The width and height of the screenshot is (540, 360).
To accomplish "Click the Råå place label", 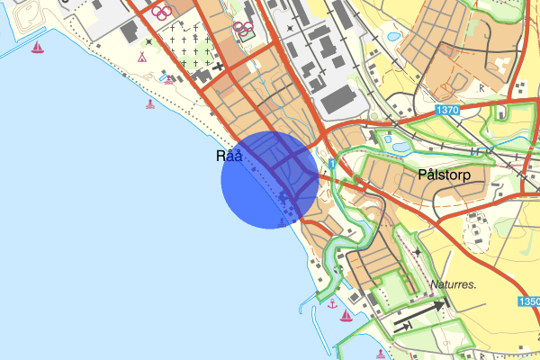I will coord(229,157).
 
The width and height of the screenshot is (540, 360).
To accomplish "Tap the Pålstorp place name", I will coord(445,172).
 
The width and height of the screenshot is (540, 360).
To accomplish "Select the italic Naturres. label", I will coord(452,285).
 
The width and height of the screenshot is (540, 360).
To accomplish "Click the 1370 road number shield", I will coord(446,110).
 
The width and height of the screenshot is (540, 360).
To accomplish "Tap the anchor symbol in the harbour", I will coord(332,303).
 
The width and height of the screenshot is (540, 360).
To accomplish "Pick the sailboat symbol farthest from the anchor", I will coord(37,48).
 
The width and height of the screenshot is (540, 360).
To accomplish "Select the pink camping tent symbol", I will coord(141,56).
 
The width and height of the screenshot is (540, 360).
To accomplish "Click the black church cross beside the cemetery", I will coord(218,67).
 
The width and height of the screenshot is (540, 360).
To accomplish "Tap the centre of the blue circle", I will coord(270,180).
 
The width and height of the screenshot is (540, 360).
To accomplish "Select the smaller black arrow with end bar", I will coord(402,325).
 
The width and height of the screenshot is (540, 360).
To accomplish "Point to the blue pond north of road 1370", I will coord(393,36).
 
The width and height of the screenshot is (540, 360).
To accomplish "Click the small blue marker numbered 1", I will coord(332,164).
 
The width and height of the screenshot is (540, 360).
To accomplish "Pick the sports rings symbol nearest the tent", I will coord(160,13).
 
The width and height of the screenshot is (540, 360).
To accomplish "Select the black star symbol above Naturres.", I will coord(422,252).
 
